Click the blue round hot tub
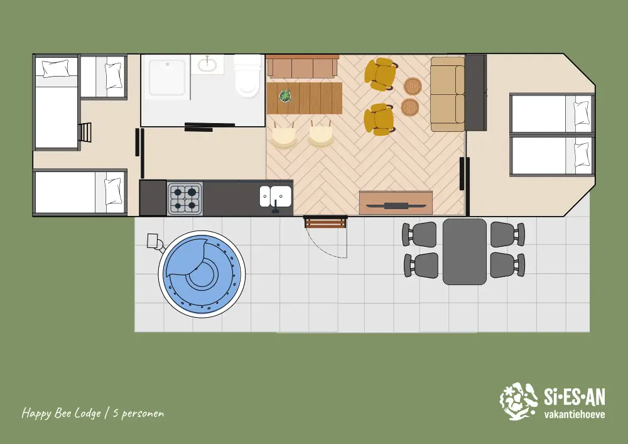pyautogui.click(x=202, y=274)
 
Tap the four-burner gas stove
pyautogui.click(x=185, y=198)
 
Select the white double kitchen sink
pyautogui.click(x=276, y=196)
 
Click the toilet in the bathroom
pyautogui.click(x=247, y=77)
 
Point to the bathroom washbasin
pyautogui.click(x=207, y=63)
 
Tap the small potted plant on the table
pyautogui.click(x=285, y=95)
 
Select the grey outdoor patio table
pyautogui.click(x=465, y=251)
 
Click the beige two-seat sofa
pyautogui.click(x=448, y=94)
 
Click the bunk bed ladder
pyautogui.click(x=85, y=132)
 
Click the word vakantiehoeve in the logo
pyautogui.click(x=575, y=414)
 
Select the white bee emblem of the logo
pyautogui.click(x=519, y=401)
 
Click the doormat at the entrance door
pyautogui.click(x=325, y=222)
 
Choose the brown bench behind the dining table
pyautogui.click(x=303, y=67)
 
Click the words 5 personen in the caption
pyautogui.click(x=138, y=413)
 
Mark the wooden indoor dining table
pyautogui.click(x=305, y=98)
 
